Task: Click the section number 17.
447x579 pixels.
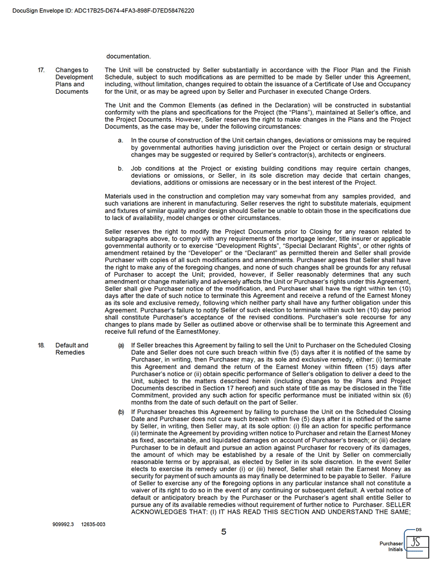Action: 41,70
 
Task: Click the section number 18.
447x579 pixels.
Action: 41,345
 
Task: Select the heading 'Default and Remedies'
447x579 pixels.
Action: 71,349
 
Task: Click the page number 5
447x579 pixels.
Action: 224,532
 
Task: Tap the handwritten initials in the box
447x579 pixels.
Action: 417,542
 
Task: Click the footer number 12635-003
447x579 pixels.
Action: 93,524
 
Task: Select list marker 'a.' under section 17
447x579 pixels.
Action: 121,141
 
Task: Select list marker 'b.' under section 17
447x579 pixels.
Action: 121,168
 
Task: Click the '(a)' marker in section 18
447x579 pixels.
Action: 121,345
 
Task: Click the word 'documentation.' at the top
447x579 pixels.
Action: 128,56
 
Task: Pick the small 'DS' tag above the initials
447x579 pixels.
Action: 419,530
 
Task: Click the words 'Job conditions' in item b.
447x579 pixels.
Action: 154,168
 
